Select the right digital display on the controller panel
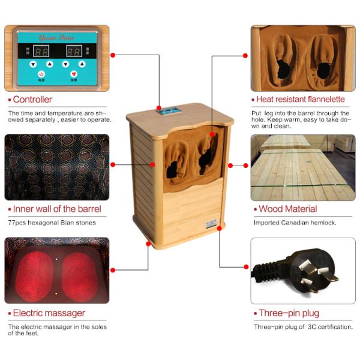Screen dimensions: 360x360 pyautogui.click(x=74, y=52)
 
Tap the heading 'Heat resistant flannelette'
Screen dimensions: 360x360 pyautogui.click(x=301, y=100)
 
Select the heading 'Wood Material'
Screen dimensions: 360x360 pyautogui.click(x=287, y=209)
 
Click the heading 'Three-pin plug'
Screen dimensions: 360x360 pyautogui.click(x=289, y=313)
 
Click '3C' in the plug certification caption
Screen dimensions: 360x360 pyautogui.click(x=310, y=327)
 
